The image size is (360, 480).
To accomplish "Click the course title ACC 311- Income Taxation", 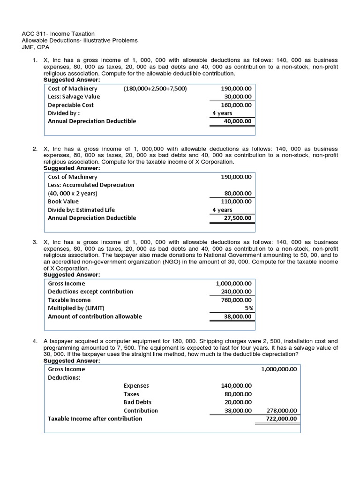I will (x=58, y=34).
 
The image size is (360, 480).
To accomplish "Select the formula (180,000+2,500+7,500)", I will (x=155, y=89).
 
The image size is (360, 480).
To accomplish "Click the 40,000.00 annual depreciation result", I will (x=237, y=121).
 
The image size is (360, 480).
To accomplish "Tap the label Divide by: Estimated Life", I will (x=81, y=210).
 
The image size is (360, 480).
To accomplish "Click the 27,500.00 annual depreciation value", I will (x=237, y=217).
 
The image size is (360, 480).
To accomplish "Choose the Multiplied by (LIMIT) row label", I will (x=76, y=308).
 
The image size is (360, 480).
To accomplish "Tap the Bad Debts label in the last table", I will (x=137, y=402).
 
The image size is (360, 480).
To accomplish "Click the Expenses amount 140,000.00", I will (x=236, y=386).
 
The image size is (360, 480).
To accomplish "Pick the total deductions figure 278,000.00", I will (x=281, y=411).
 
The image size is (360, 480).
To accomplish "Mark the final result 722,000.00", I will (x=281, y=419).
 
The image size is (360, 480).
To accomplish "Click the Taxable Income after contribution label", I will (x=95, y=419).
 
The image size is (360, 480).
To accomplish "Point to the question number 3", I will (x=35, y=242).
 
